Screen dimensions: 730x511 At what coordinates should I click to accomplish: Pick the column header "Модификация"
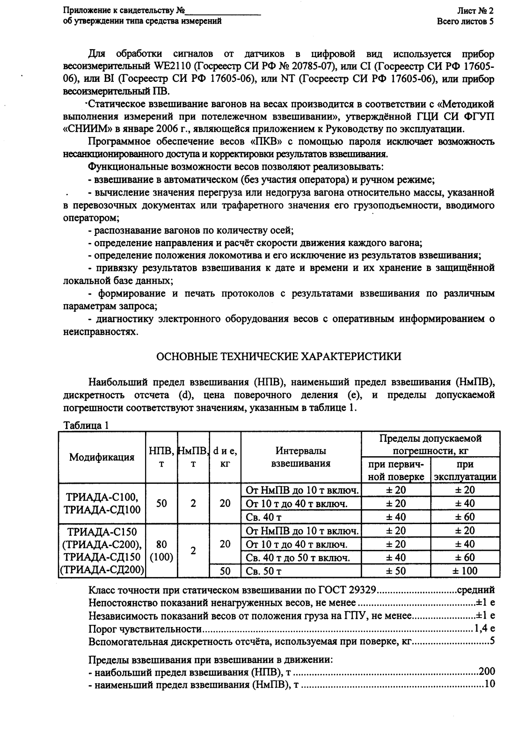coord(102,457)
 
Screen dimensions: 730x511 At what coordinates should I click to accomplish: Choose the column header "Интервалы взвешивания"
coord(301,457)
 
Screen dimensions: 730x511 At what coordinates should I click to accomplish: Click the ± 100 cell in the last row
coord(465,571)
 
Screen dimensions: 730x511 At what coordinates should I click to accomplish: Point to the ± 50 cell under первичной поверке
coord(396,571)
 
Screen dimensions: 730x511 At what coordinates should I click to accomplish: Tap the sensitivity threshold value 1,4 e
coord(484,628)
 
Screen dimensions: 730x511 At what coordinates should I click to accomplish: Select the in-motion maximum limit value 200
coord(487,672)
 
